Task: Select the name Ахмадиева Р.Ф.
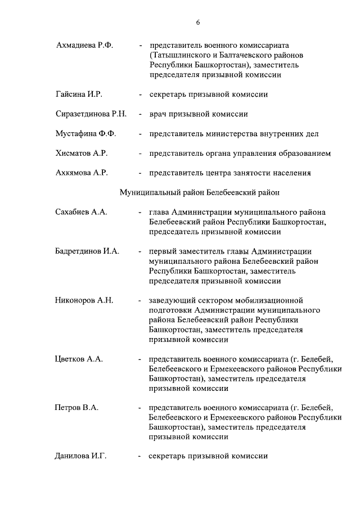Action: [84, 44]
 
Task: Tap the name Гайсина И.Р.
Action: [79, 94]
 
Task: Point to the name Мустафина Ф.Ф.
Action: [85, 133]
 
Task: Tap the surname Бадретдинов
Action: [78, 251]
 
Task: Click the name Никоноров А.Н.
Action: [84, 300]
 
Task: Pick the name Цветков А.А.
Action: [79, 359]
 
